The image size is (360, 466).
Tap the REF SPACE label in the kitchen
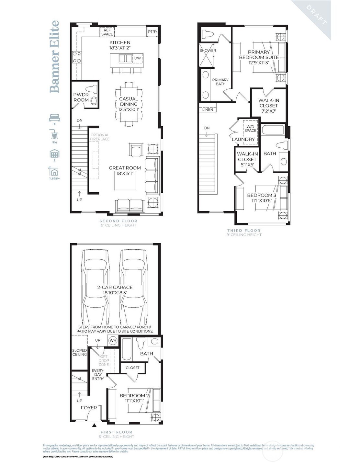107,32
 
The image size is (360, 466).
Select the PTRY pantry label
152,31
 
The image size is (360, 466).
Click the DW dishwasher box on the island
138,58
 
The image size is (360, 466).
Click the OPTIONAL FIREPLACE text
100,137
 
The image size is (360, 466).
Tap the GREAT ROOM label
125,168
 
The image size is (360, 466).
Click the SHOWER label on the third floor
208,51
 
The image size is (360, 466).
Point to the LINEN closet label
208,109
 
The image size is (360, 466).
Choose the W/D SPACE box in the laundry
250,129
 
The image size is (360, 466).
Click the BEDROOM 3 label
262,195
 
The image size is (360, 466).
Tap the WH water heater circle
113,340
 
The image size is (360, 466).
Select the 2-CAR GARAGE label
115,287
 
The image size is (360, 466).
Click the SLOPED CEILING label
79,352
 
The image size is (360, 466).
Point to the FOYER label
89,407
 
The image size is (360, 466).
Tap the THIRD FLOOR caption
243,231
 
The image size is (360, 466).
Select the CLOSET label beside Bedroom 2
132,368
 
